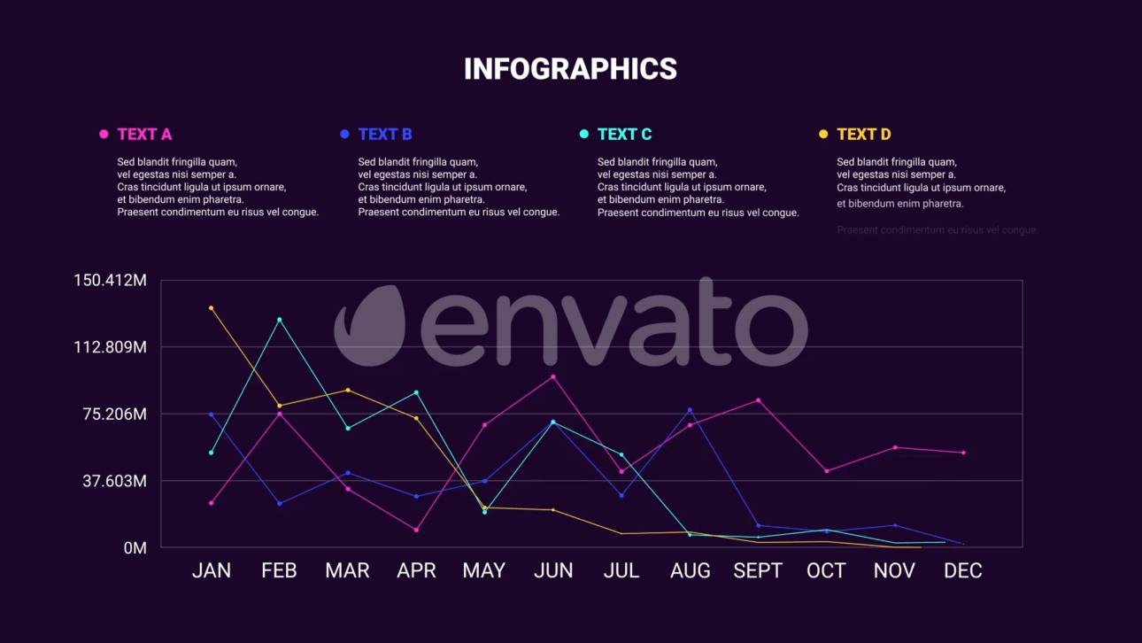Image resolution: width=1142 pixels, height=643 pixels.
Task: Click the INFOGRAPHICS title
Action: (x=570, y=69)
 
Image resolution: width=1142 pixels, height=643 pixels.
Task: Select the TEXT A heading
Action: (x=144, y=135)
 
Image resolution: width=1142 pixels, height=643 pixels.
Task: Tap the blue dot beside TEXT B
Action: (x=344, y=134)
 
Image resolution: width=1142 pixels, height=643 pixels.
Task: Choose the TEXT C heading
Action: (x=624, y=135)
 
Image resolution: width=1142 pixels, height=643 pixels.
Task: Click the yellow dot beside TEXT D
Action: (x=823, y=134)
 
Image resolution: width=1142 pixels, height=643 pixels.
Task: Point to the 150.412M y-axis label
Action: (x=110, y=281)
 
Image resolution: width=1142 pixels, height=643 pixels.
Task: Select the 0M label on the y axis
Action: (x=135, y=548)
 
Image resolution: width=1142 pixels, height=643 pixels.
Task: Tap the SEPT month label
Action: (x=758, y=571)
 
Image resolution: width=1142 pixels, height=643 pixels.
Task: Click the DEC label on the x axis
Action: (x=962, y=571)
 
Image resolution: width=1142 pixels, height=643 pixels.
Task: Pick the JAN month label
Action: (x=212, y=571)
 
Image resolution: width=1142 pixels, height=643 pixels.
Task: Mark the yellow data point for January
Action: (x=211, y=308)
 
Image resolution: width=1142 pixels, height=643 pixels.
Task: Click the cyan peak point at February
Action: (x=279, y=320)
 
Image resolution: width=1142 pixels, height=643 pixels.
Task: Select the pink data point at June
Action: (x=553, y=377)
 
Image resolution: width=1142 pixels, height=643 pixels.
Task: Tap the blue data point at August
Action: (x=690, y=410)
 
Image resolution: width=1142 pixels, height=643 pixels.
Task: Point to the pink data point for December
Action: (x=963, y=453)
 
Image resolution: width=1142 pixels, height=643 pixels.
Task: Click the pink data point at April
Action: (x=416, y=530)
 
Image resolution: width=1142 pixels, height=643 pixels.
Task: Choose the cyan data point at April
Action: (x=416, y=392)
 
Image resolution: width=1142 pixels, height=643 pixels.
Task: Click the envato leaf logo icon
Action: (x=370, y=325)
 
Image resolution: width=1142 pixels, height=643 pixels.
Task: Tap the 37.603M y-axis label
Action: (x=114, y=481)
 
